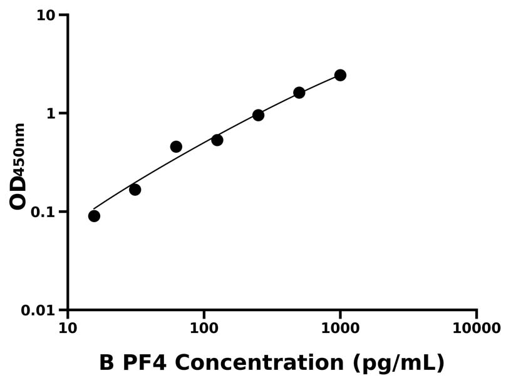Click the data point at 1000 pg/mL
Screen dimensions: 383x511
(x=340, y=75)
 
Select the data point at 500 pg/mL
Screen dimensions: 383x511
(x=299, y=93)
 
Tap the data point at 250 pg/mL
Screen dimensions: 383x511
(x=258, y=115)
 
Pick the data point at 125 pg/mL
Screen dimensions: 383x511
(x=217, y=140)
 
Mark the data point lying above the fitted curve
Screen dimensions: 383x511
(x=176, y=146)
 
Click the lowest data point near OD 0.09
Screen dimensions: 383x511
(x=94, y=216)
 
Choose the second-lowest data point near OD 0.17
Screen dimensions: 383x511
(x=135, y=190)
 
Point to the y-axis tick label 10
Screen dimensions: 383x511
(x=46, y=15)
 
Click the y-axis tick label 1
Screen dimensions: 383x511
(x=51, y=113)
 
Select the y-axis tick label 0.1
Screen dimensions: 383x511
(x=43, y=212)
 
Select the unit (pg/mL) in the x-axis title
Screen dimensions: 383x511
(x=398, y=364)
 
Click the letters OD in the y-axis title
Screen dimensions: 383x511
(x=19, y=192)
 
